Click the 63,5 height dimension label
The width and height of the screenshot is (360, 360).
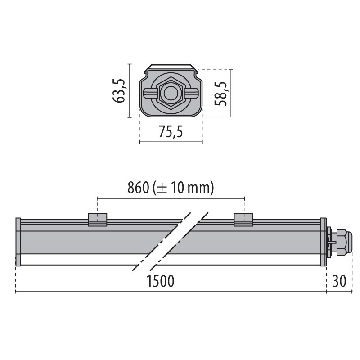[x=119, y=90]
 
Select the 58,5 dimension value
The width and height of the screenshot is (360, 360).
[x=220, y=93]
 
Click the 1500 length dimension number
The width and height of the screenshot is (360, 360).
[x=161, y=282]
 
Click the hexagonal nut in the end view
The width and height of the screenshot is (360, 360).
[x=171, y=93]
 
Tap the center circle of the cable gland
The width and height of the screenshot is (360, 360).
[x=171, y=93]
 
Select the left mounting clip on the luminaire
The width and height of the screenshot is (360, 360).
[x=98, y=219]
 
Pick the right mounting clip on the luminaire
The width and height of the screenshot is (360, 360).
[x=243, y=219]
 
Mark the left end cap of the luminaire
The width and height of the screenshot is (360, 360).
[x=18, y=242]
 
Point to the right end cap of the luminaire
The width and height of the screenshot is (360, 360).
[x=323, y=242]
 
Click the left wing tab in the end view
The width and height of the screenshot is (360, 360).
[x=149, y=93]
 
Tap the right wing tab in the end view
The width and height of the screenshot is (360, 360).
[x=192, y=93]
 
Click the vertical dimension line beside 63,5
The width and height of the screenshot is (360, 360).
[x=129, y=90]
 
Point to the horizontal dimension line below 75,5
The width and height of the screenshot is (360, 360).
[x=171, y=142]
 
